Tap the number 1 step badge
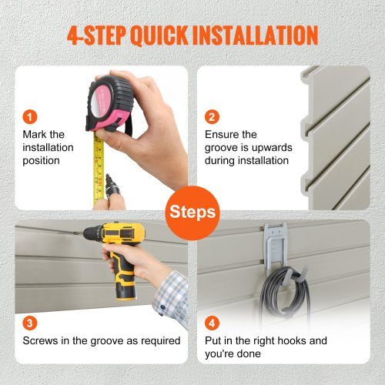[x=30, y=117]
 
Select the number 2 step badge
[x=212, y=117]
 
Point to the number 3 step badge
[x=30, y=323]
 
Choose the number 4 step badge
[x=212, y=323]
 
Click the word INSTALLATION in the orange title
[x=256, y=35]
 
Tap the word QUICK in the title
[x=159, y=35]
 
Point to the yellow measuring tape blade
[x=99, y=169]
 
